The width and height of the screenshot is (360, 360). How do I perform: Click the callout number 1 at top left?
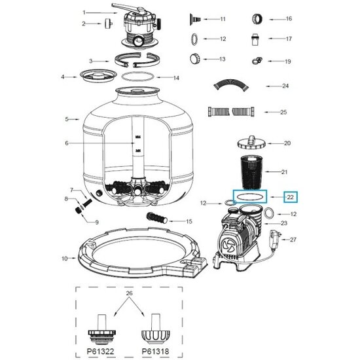click(84, 12)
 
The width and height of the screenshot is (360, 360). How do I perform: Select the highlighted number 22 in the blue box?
click(291, 196)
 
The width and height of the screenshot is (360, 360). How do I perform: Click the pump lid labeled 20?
click(251, 142)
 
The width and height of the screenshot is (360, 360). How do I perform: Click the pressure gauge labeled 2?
click(104, 24)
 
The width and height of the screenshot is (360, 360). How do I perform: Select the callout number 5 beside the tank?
click(67, 118)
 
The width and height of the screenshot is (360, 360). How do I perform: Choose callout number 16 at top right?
click(289, 18)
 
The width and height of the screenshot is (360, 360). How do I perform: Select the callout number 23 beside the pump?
click(285, 223)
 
